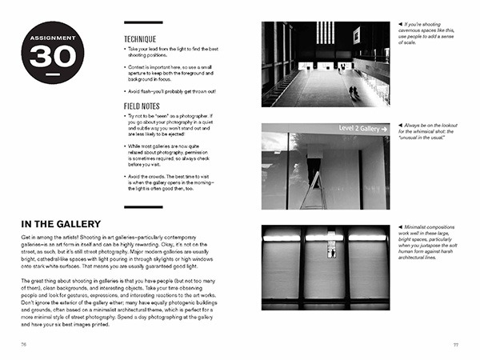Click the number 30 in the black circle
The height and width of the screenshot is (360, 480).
point(52,56)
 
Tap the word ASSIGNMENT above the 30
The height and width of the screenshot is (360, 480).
point(52,38)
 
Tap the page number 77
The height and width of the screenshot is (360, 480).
point(455,343)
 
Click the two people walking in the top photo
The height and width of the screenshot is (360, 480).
point(353,91)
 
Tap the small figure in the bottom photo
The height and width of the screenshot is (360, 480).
point(331,251)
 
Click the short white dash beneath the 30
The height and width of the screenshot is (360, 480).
point(52,75)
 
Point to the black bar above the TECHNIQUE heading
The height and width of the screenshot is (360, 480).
point(143,23)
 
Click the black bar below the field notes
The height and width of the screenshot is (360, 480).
point(143,207)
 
